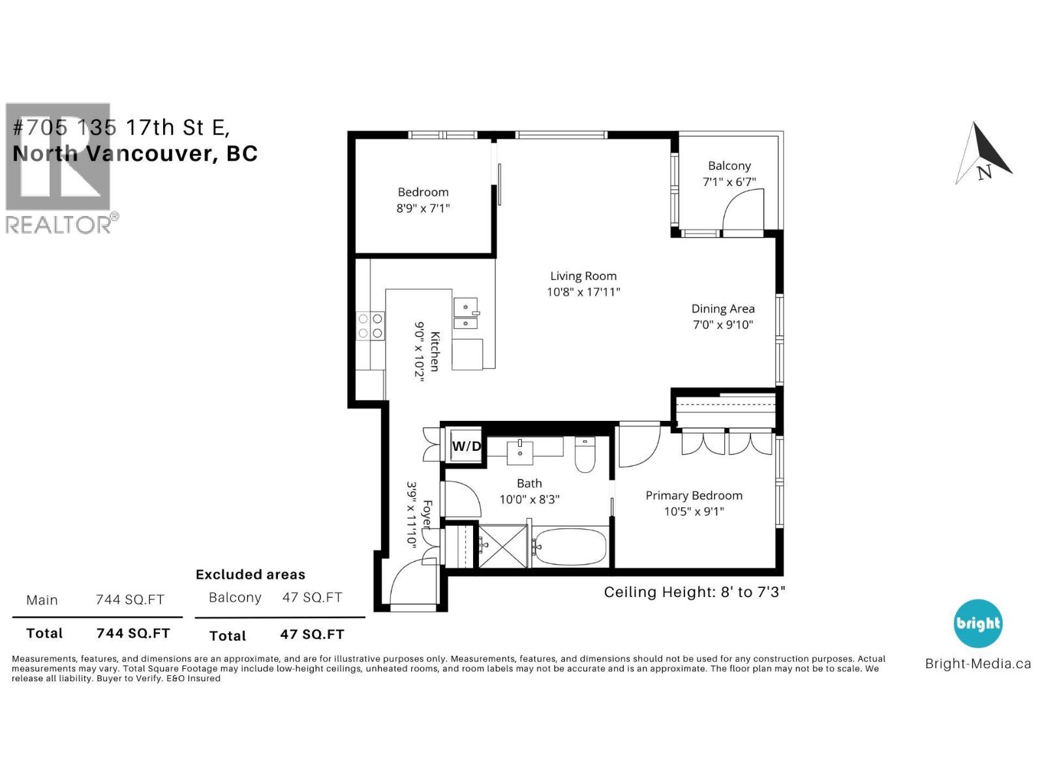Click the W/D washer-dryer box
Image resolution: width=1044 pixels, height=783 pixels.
pyautogui.click(x=466, y=446)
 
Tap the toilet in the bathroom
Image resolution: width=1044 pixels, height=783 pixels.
pyautogui.click(x=585, y=455)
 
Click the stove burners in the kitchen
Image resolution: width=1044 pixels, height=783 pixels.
pyautogui.click(x=370, y=326)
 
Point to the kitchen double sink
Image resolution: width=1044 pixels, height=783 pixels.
pyautogui.click(x=466, y=314)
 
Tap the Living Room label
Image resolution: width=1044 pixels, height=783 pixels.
pyautogui.click(x=583, y=276)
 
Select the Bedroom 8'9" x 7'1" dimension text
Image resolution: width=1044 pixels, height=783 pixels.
pyautogui.click(x=423, y=208)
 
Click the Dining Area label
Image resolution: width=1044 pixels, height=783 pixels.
pyautogui.click(x=722, y=309)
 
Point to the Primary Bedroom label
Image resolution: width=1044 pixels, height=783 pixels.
pyautogui.click(x=694, y=495)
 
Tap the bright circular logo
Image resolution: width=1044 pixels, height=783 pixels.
pyautogui.click(x=977, y=623)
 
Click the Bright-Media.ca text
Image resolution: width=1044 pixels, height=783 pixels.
pyautogui.click(x=977, y=664)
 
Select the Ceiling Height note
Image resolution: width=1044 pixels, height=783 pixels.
pyautogui.click(x=694, y=592)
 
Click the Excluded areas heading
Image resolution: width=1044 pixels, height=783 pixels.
pyautogui.click(x=250, y=574)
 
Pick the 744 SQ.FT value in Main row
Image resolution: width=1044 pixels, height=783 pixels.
pyautogui.click(x=130, y=600)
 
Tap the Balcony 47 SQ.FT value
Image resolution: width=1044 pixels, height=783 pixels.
pyautogui.click(x=312, y=597)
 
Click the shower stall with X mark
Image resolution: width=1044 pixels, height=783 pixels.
pyautogui.click(x=502, y=546)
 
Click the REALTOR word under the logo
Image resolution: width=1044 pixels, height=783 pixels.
pyautogui.click(x=59, y=224)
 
